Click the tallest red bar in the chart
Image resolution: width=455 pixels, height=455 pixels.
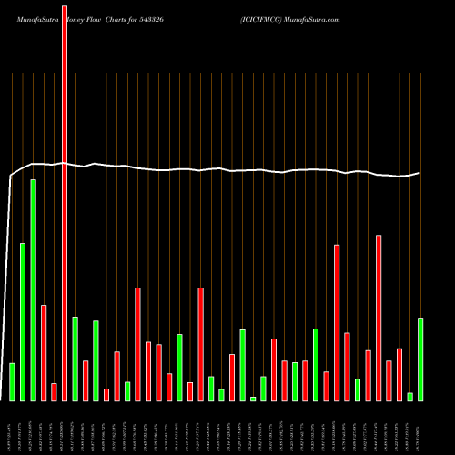64,200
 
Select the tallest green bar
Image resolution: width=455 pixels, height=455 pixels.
33,289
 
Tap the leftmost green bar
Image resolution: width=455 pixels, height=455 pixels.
12,381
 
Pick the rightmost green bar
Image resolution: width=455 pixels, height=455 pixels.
420,359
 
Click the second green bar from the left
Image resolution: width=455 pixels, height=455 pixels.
23,321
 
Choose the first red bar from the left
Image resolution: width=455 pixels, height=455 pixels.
43,352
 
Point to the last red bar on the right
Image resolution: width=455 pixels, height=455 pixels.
399,374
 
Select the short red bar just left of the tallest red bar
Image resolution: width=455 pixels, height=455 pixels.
54,391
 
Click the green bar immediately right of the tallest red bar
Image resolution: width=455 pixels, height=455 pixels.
75,359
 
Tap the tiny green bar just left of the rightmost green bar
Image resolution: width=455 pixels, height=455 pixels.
409,396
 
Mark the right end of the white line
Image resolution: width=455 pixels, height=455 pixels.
420,173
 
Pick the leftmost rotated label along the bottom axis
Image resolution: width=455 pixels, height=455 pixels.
12,427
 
